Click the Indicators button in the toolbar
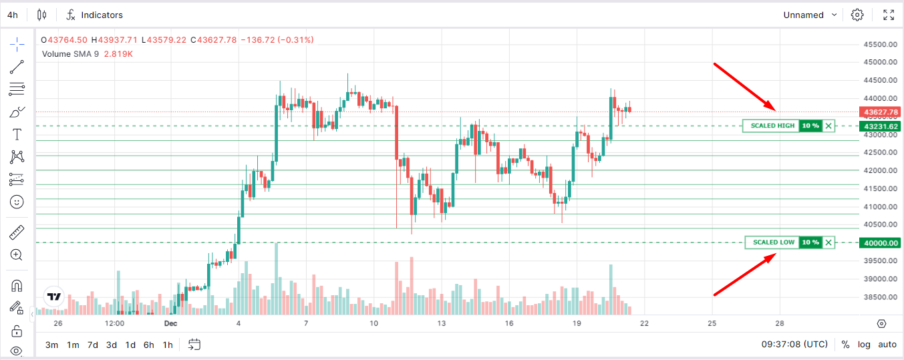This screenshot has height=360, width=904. tap(95, 15)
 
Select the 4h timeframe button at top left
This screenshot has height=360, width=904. tap(13, 15)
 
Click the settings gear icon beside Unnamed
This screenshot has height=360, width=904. tap(857, 15)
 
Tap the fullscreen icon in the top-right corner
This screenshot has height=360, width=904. tap(889, 15)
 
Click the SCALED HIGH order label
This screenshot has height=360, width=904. tap(772, 126)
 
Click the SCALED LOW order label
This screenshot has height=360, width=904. tap(773, 242)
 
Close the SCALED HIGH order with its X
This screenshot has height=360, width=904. tap(828, 126)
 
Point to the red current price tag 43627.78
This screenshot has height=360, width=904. tap(880, 112)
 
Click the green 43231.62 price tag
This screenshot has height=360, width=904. tap(880, 126)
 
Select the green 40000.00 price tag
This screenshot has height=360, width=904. tap(880, 243)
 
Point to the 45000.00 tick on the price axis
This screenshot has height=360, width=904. tap(879, 62)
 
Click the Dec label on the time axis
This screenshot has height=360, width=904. tap(170, 323)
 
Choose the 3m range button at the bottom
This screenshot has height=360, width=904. tap(51, 345)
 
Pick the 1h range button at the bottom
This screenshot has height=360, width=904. tap(168, 345)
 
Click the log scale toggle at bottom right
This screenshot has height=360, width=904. tap(864, 345)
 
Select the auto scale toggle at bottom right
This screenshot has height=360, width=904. tap(887, 345)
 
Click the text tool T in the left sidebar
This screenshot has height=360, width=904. tap(17, 134)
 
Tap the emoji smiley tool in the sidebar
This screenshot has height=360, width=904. tap(17, 201)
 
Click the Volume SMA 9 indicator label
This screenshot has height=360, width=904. tap(70, 53)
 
